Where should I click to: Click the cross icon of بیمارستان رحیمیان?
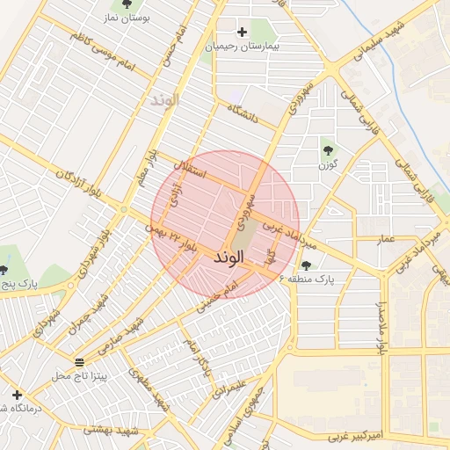[242, 33]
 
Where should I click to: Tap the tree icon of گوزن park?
[328, 148]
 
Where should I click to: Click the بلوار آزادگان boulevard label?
[79, 185]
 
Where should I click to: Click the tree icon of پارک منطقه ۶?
[306, 265]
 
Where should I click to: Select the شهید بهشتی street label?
[112, 430]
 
